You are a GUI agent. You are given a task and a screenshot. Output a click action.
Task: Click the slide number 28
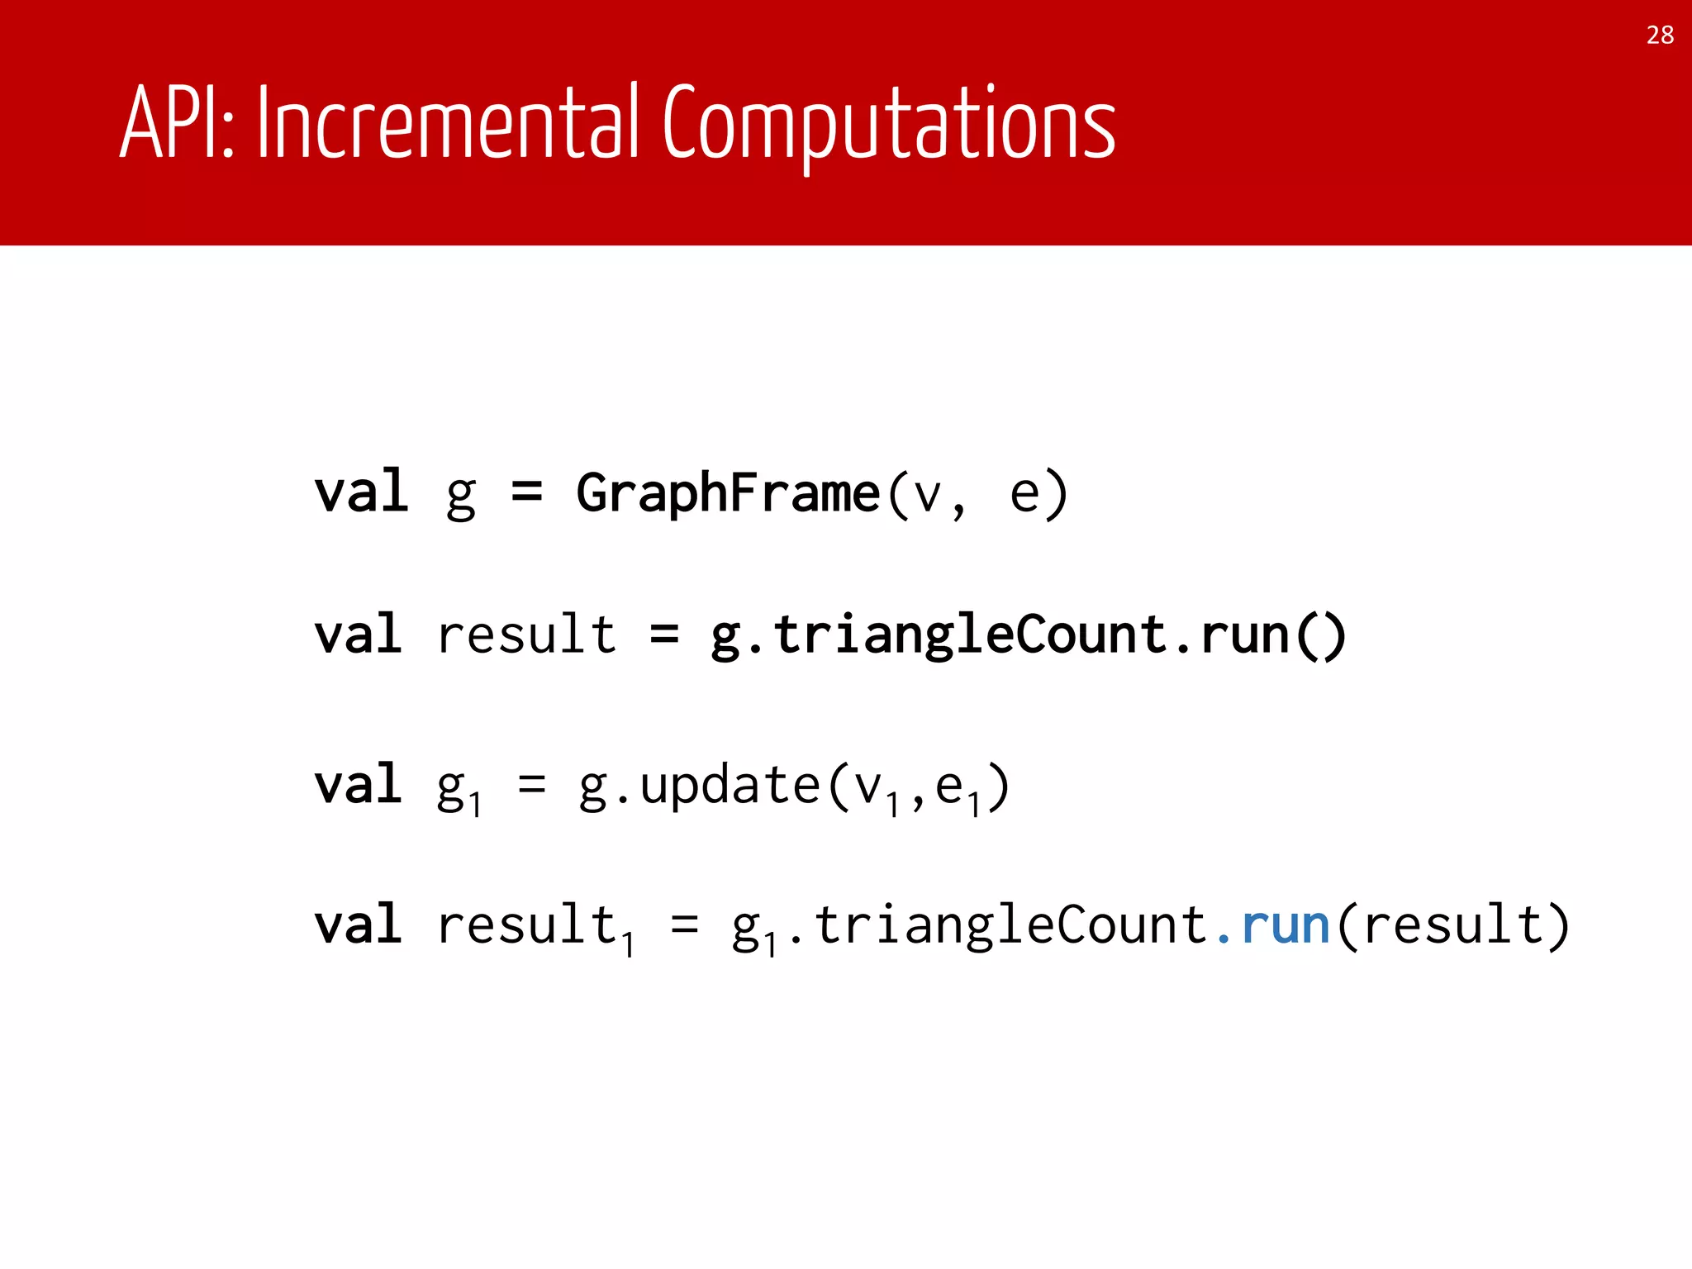click(1660, 35)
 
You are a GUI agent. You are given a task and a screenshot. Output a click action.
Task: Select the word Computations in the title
click(889, 124)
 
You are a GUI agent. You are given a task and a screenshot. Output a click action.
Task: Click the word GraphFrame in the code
click(728, 493)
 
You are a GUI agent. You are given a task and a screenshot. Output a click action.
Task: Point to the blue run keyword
click(1285, 925)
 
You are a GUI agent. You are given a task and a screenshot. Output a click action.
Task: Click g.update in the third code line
click(699, 785)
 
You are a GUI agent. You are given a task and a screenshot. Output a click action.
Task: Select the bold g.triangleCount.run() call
click(1028, 635)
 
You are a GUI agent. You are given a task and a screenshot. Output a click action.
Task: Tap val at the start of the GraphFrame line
click(361, 493)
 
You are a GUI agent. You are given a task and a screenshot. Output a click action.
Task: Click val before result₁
click(359, 925)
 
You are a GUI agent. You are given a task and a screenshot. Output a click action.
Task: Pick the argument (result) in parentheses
click(1452, 925)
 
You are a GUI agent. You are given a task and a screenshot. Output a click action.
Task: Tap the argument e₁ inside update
click(957, 789)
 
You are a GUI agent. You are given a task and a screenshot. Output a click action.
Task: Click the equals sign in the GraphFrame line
click(526, 493)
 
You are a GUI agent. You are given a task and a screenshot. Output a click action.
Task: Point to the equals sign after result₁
click(685, 925)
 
